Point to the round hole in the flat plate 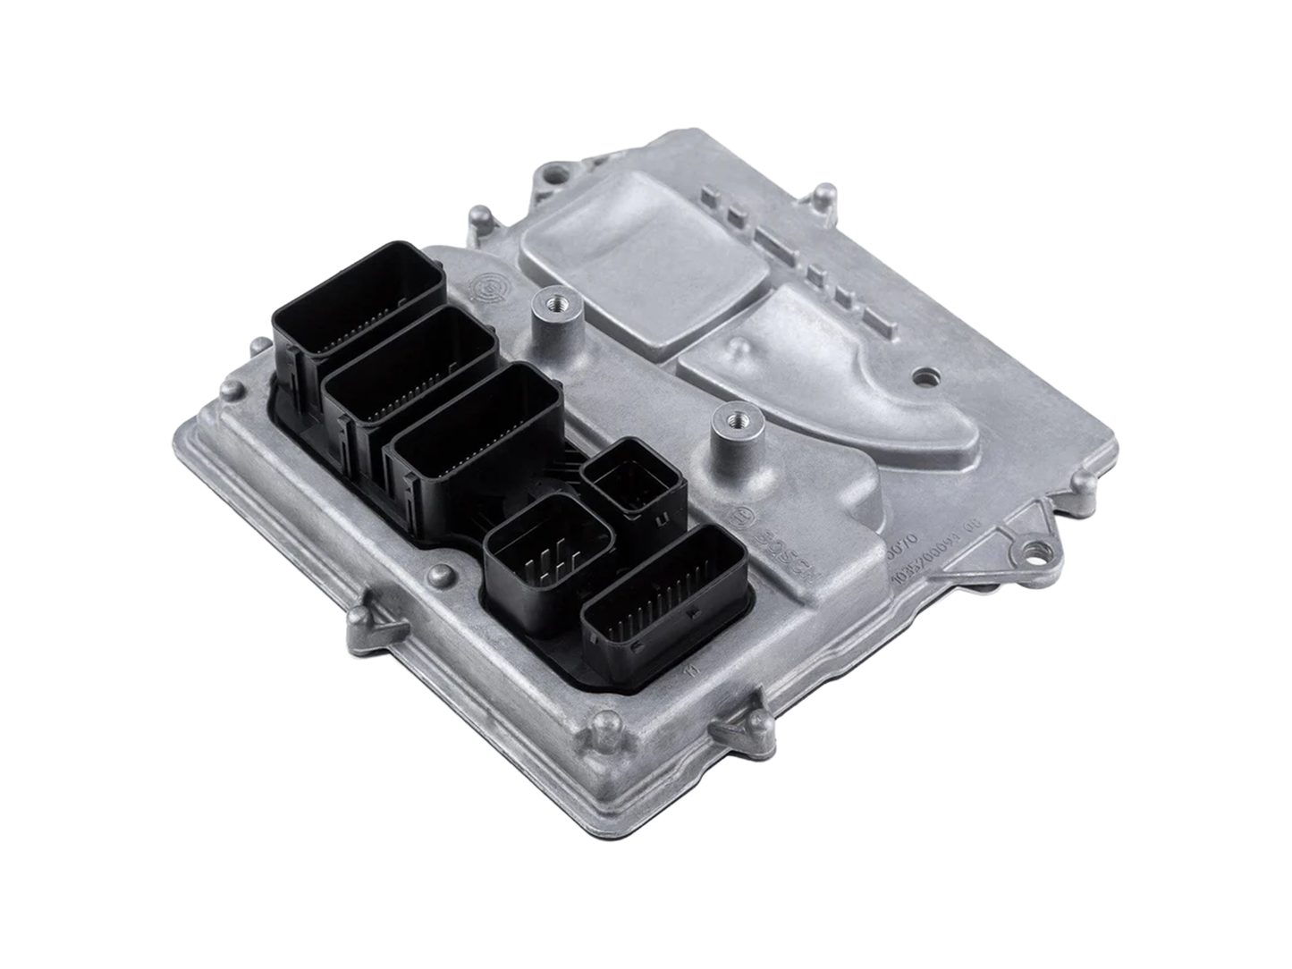929,377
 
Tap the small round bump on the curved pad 738,345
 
